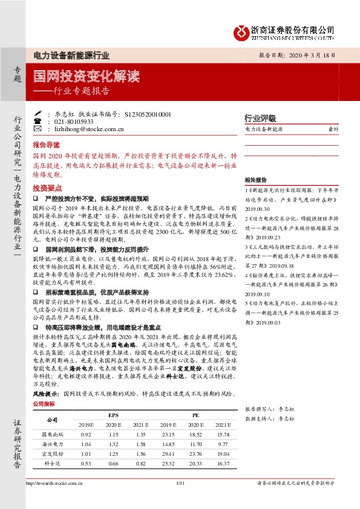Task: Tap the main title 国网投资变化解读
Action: coord(87,77)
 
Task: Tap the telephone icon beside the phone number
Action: coord(39,122)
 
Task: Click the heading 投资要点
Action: coord(46,188)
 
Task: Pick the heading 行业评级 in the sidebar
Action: coord(260,118)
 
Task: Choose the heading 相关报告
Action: coord(256,180)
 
